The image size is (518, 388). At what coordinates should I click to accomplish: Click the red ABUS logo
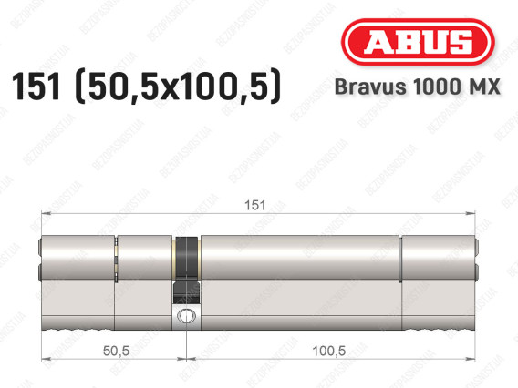[418, 42]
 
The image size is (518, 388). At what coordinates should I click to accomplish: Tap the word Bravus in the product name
[370, 87]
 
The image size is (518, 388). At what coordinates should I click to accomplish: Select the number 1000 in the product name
[435, 87]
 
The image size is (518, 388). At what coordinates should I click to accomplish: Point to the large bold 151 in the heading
[36, 87]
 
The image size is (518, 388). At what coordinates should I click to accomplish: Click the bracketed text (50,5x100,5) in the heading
[179, 87]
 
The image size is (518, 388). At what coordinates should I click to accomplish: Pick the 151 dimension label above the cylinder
[254, 205]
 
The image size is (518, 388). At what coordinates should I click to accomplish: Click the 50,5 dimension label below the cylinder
[116, 351]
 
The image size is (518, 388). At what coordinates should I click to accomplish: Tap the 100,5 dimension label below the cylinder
[329, 351]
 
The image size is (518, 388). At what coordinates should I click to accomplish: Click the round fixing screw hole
[186, 316]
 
